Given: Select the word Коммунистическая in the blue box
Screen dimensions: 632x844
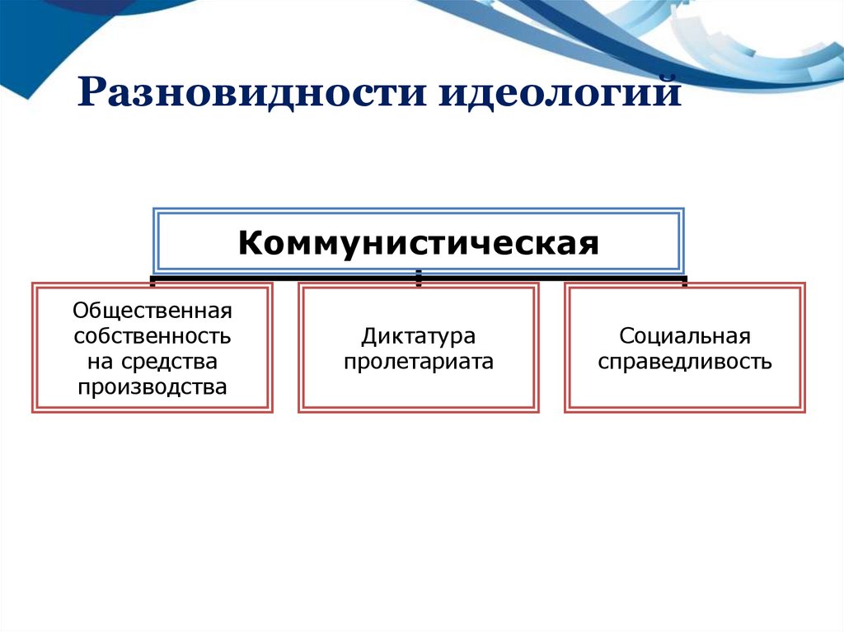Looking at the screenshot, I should pos(419,244).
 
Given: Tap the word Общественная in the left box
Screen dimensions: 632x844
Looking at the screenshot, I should pos(152,312).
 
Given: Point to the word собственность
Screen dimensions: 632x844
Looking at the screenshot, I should pos(152,337).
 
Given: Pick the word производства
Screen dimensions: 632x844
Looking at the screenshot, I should pos(152,386).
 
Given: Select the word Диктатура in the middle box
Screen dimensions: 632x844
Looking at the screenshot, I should pos(419,336).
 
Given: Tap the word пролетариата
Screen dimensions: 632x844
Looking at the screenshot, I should pos(419,361).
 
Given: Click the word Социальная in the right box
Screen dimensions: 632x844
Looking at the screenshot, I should pos(685,336).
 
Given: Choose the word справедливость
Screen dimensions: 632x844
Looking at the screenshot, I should pos(685,361).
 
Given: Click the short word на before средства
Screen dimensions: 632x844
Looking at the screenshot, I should pos(97,362).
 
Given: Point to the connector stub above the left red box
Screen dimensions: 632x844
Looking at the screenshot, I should pos(152,281).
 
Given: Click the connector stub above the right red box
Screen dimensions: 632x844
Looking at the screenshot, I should pos(685,281).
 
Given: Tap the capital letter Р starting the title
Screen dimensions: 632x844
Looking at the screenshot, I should pos(91,93).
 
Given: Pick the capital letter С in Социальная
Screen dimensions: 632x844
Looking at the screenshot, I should pos(626,336).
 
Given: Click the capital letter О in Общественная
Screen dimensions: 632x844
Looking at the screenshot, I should pos(80,312).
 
